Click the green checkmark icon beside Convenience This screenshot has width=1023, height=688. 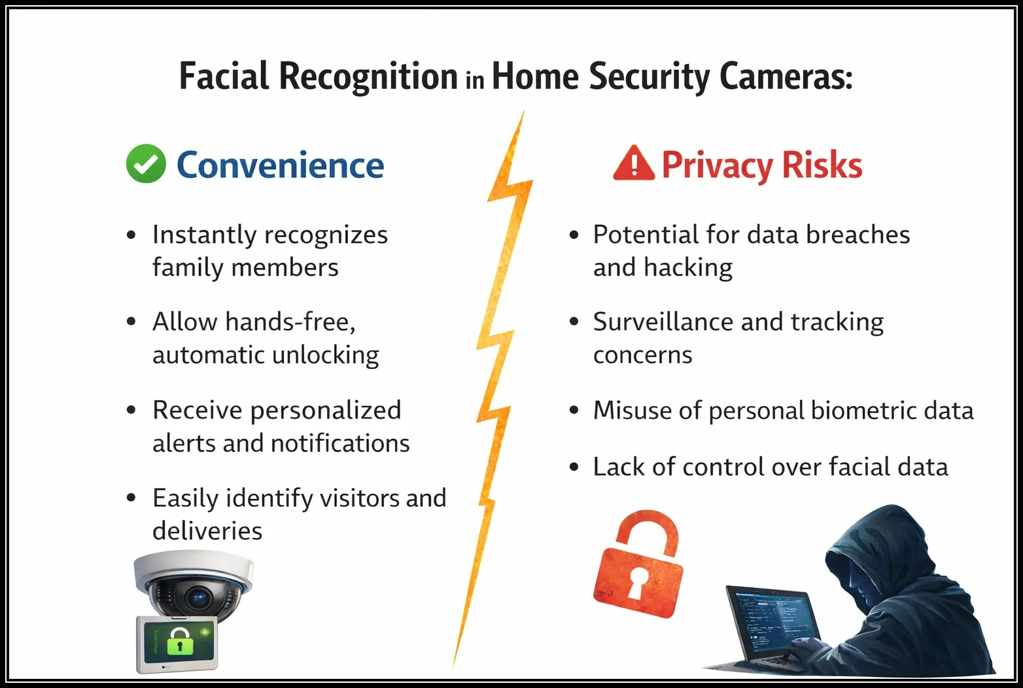(x=145, y=163)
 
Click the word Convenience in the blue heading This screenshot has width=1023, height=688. (x=280, y=165)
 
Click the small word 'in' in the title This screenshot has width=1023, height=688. (x=475, y=80)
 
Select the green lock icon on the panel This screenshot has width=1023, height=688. (x=181, y=642)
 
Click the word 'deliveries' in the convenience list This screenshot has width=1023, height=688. (x=207, y=531)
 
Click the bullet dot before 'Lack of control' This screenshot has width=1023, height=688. (x=574, y=467)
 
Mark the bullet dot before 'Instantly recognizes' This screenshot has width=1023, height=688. (x=131, y=235)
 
